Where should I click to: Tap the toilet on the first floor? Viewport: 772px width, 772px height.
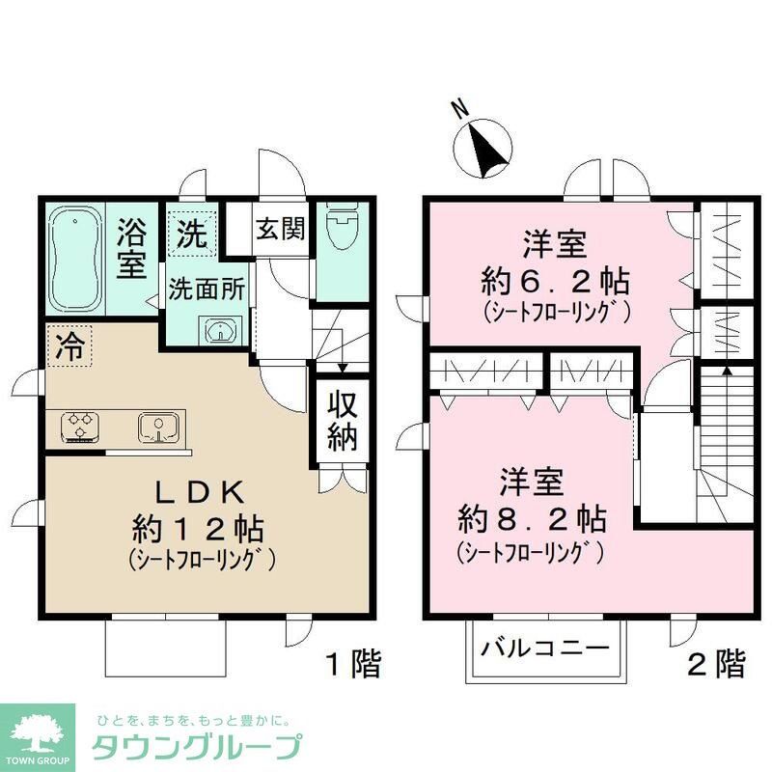(340, 231)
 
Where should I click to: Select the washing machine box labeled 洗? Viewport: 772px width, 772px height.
(191, 233)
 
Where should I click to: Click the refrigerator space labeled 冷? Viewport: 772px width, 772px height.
(67, 346)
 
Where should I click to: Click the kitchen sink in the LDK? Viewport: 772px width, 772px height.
(157, 426)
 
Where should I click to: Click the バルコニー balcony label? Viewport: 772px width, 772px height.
(545, 648)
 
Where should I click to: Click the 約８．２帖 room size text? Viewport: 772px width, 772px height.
(532, 518)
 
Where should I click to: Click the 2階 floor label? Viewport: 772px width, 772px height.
(715, 663)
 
